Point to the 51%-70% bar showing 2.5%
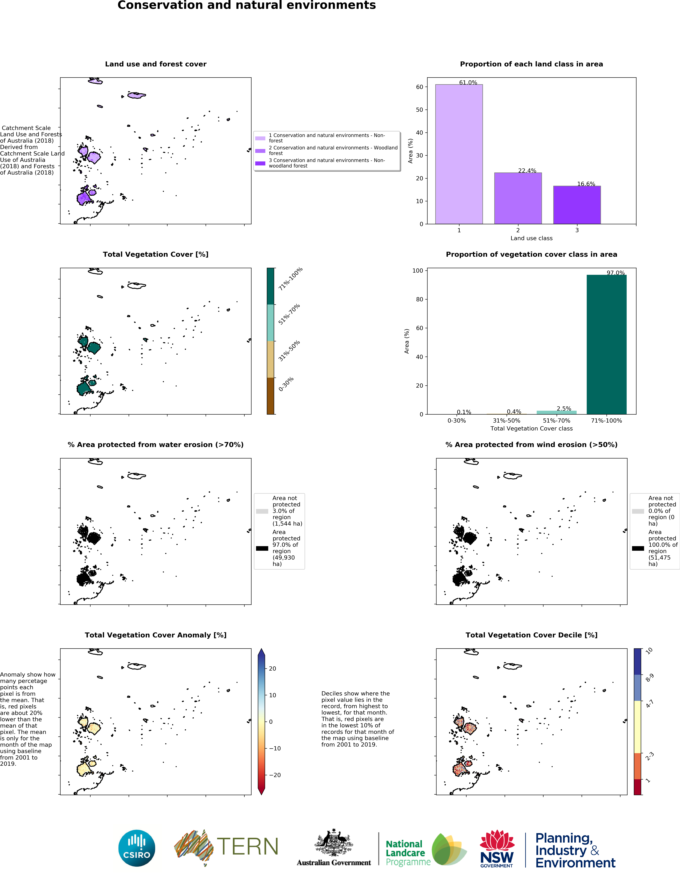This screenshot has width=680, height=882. (x=556, y=412)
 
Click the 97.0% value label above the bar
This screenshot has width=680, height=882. (x=615, y=273)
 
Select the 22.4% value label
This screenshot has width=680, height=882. (x=527, y=171)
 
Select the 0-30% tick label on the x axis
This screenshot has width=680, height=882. (x=457, y=421)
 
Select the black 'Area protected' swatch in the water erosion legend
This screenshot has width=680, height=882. (x=262, y=548)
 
